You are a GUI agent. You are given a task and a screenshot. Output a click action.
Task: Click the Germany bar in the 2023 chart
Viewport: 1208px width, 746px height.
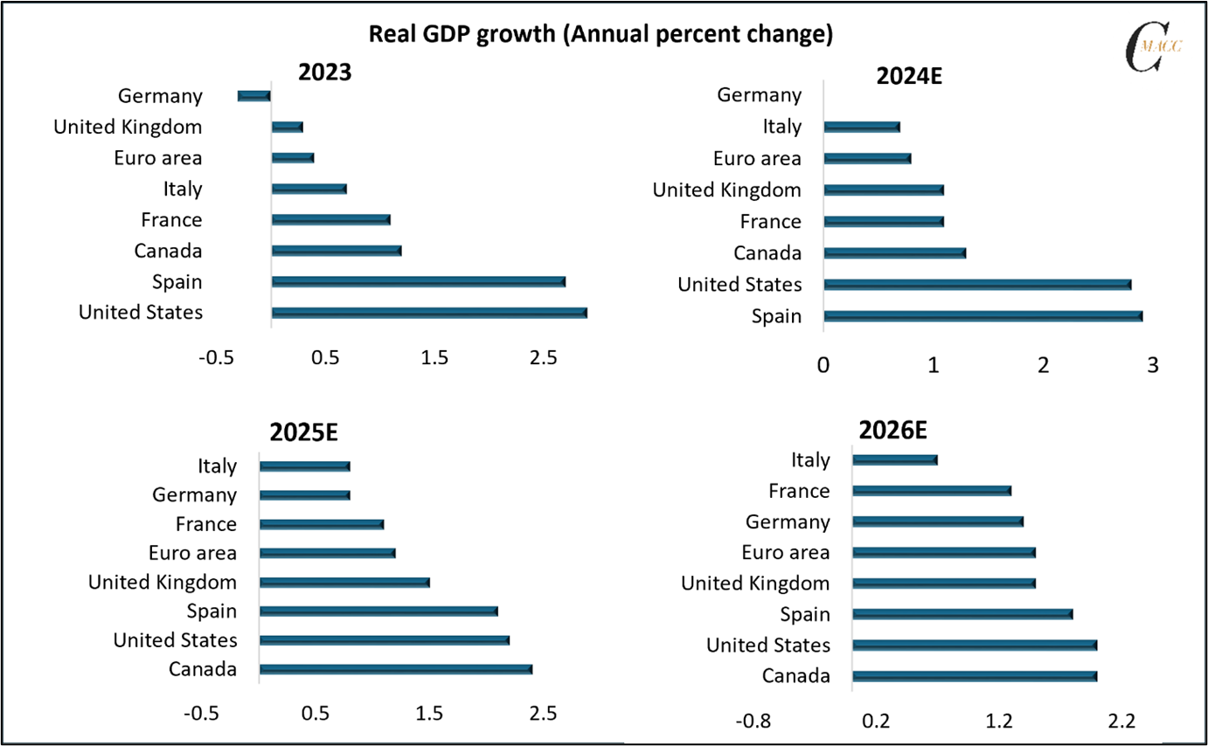point(254,96)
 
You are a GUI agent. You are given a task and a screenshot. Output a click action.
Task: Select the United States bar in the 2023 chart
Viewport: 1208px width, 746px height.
point(429,313)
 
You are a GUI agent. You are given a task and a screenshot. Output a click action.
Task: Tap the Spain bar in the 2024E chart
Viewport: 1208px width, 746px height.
point(983,316)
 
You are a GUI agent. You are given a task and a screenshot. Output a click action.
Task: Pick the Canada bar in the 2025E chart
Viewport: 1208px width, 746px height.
point(396,669)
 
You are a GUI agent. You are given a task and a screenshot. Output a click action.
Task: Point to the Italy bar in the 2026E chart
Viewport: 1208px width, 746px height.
point(895,459)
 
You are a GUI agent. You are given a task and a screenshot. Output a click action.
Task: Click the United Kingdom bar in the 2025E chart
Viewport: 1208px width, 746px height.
point(345,583)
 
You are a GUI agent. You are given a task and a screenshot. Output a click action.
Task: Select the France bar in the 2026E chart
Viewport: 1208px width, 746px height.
point(932,491)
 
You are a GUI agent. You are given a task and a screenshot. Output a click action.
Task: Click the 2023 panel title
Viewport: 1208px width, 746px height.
point(325,73)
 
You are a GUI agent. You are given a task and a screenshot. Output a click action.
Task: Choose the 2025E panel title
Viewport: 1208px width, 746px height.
point(303,434)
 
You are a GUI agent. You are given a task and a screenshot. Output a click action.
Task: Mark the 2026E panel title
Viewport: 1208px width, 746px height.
point(892,431)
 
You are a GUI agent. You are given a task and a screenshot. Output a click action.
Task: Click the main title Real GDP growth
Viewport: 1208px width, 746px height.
point(601,34)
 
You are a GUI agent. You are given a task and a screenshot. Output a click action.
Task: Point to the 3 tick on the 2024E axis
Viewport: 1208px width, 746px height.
point(1152,365)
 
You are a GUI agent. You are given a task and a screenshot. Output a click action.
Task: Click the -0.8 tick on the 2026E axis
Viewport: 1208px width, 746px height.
point(753,722)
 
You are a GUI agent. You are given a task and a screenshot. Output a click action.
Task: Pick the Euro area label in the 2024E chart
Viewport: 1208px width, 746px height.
point(757,158)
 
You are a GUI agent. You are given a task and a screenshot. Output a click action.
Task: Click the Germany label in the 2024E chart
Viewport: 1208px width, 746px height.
point(759,95)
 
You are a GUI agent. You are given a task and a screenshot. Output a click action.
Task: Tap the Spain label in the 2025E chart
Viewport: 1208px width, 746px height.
point(211,611)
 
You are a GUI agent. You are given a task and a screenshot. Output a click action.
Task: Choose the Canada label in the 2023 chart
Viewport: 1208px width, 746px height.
point(168,251)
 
